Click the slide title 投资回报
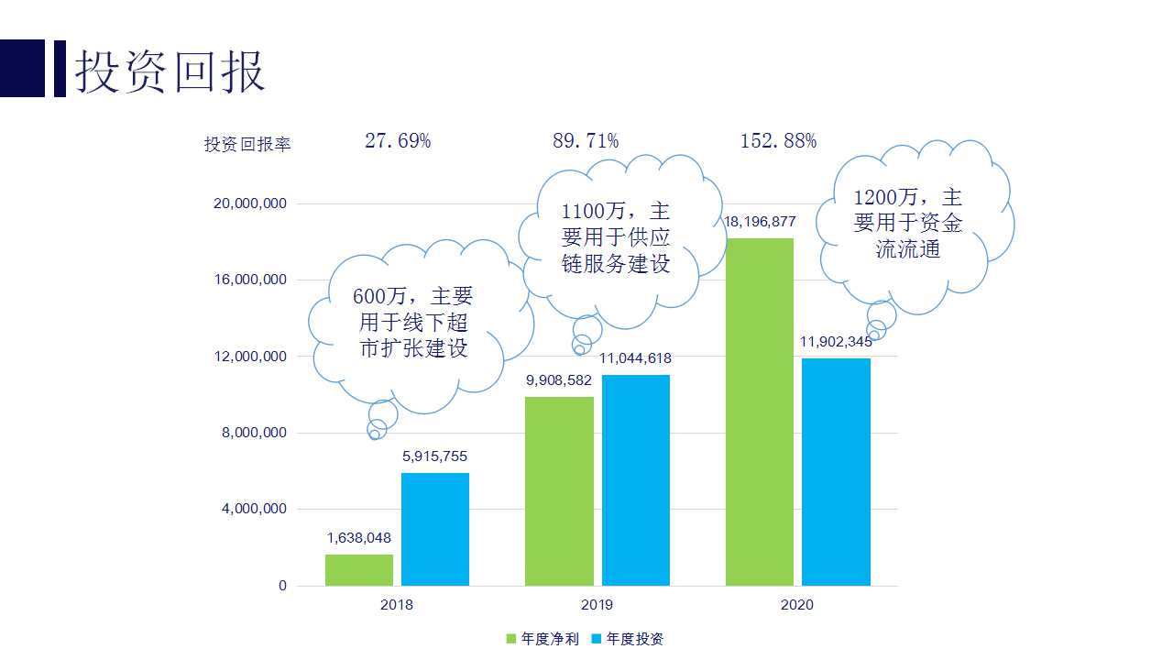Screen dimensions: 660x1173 coord(170,70)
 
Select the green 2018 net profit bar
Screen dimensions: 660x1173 coord(359,569)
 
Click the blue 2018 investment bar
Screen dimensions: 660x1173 coord(435,529)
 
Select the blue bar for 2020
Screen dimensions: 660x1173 coord(836,471)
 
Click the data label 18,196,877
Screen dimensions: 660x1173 coord(760,222)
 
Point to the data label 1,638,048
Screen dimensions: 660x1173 coord(359,538)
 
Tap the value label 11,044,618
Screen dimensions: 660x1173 coord(636,358)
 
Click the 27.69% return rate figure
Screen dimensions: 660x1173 coord(398,141)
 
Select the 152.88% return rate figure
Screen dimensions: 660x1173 coord(778,141)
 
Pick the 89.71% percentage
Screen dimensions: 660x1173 coord(586,141)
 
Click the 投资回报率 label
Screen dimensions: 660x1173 coord(247,145)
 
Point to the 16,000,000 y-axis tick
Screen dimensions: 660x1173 coord(250,280)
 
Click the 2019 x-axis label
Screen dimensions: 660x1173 coord(597,605)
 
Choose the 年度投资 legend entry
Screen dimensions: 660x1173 coord(628,639)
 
